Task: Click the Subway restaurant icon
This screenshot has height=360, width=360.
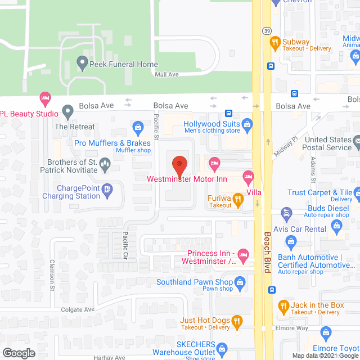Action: click(x=275, y=41)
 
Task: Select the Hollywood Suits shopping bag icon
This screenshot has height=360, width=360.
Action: click(x=246, y=124)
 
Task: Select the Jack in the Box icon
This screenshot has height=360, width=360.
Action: click(x=284, y=307)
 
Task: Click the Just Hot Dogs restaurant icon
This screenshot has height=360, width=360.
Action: click(x=237, y=321)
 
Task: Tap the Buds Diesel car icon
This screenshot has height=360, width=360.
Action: click(x=286, y=213)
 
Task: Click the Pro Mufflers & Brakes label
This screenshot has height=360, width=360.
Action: click(x=112, y=143)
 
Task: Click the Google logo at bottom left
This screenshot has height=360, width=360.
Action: click(x=18, y=353)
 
